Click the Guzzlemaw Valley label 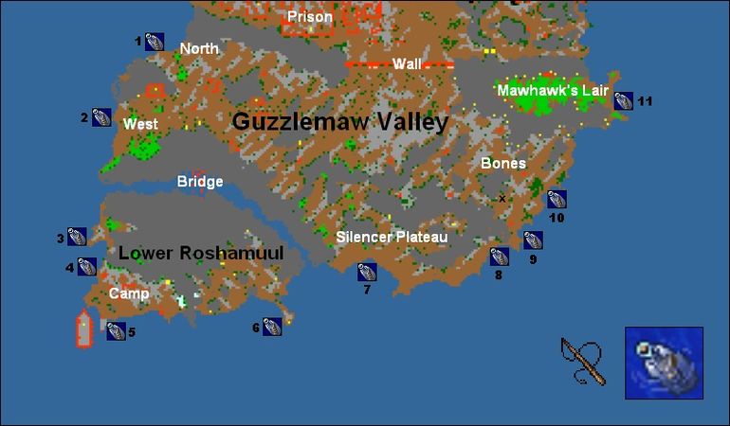(x=339, y=121)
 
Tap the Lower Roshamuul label (x=201, y=253)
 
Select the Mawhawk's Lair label (x=553, y=90)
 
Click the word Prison (x=310, y=17)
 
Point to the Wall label (x=407, y=63)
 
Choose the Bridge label (x=200, y=182)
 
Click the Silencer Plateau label (x=392, y=237)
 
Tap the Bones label (x=502, y=164)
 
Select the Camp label (x=129, y=293)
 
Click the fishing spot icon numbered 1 (x=155, y=42)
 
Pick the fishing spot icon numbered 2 (x=101, y=117)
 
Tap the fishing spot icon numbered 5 (x=116, y=330)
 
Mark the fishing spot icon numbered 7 (x=367, y=272)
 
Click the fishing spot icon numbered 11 (x=623, y=100)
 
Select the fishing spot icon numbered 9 (x=533, y=240)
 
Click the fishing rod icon (x=582, y=361)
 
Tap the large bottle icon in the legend (x=664, y=362)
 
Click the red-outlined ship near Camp (x=84, y=328)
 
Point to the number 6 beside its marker (x=256, y=328)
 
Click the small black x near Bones (x=502, y=199)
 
